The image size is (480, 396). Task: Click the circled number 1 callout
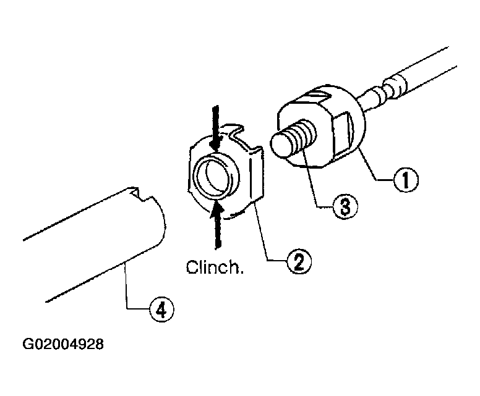(405, 180)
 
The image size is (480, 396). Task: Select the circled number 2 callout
(299, 261)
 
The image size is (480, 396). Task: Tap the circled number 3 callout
(345, 207)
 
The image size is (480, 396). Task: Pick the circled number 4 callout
(161, 310)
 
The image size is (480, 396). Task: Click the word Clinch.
(215, 268)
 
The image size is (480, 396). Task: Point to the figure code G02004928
(63, 344)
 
